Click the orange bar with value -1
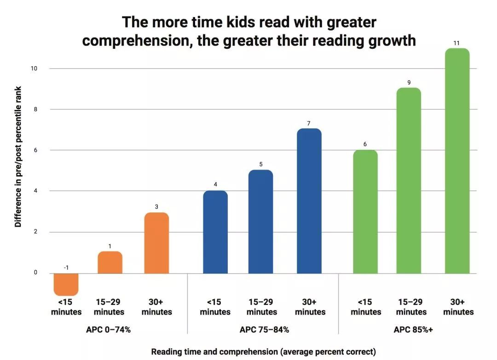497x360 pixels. tap(66, 284)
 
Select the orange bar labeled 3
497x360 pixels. tap(156, 243)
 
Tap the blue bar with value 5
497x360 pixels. tap(260, 222)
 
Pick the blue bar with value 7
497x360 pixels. tap(309, 201)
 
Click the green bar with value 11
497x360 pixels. tap(457, 161)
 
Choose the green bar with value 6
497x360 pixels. tap(365, 211)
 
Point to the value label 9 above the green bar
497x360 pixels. tap(409, 83)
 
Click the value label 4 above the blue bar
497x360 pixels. tap(215, 185)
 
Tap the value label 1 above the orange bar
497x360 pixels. tap(110, 246)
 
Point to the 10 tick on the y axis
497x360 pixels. tap(34, 69)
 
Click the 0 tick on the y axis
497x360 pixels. tap(35, 273)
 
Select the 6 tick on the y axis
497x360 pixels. tap(35, 150)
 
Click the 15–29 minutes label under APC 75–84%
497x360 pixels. tap(261, 307)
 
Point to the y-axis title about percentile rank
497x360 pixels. tap(18, 156)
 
